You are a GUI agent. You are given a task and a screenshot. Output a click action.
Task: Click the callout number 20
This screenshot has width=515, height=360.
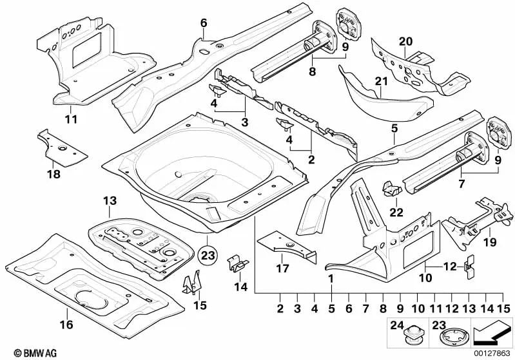(405, 41)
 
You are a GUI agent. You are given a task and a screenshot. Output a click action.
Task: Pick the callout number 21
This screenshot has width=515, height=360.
(380, 82)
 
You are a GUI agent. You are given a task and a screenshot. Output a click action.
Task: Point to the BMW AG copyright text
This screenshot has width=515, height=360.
(22, 352)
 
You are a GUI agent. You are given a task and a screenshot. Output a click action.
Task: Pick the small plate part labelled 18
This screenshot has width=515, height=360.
(63, 147)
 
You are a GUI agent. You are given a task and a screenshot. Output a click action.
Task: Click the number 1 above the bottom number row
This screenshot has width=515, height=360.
(331, 279)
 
